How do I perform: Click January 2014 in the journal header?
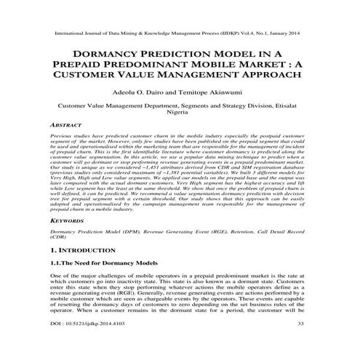(289, 33)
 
